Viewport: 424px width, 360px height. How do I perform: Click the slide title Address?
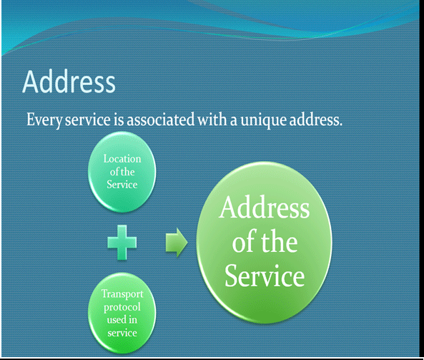(69, 82)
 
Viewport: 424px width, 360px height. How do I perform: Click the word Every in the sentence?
(44, 120)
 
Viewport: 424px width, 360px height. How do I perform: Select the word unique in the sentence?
(263, 120)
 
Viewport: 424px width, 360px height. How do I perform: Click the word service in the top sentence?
(88, 120)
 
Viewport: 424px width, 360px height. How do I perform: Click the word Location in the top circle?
(122, 159)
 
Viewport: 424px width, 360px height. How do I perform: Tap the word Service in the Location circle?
(122, 185)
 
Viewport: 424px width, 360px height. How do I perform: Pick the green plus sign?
(122, 243)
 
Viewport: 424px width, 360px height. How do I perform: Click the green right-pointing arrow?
(177, 242)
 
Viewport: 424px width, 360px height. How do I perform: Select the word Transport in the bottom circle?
(122, 294)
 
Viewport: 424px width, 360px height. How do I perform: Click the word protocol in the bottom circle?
(122, 307)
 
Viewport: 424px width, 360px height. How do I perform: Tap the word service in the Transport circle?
(122, 333)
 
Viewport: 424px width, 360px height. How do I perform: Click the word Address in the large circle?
(264, 208)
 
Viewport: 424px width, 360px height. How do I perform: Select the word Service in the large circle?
(265, 276)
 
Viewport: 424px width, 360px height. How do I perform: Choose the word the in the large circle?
(279, 242)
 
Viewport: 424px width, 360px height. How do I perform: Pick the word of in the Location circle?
(114, 172)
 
